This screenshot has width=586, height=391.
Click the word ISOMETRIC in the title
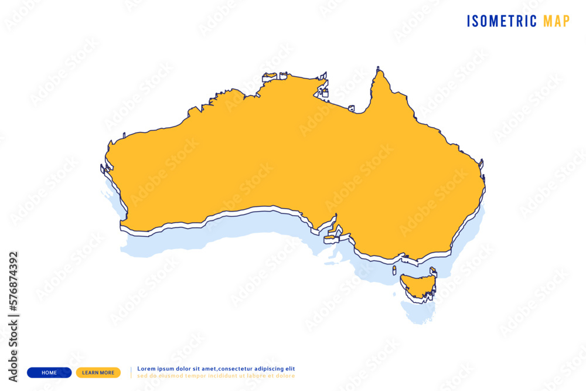point(502,22)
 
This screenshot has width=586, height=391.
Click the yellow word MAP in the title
point(556,22)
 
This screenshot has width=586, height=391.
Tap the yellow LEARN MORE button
point(98,372)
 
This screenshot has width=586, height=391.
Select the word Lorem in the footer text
point(146,369)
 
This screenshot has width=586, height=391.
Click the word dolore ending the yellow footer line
point(285,376)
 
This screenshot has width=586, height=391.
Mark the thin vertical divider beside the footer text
point(131,372)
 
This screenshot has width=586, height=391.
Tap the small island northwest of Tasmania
point(395,270)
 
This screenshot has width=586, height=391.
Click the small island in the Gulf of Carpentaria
point(351,108)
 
